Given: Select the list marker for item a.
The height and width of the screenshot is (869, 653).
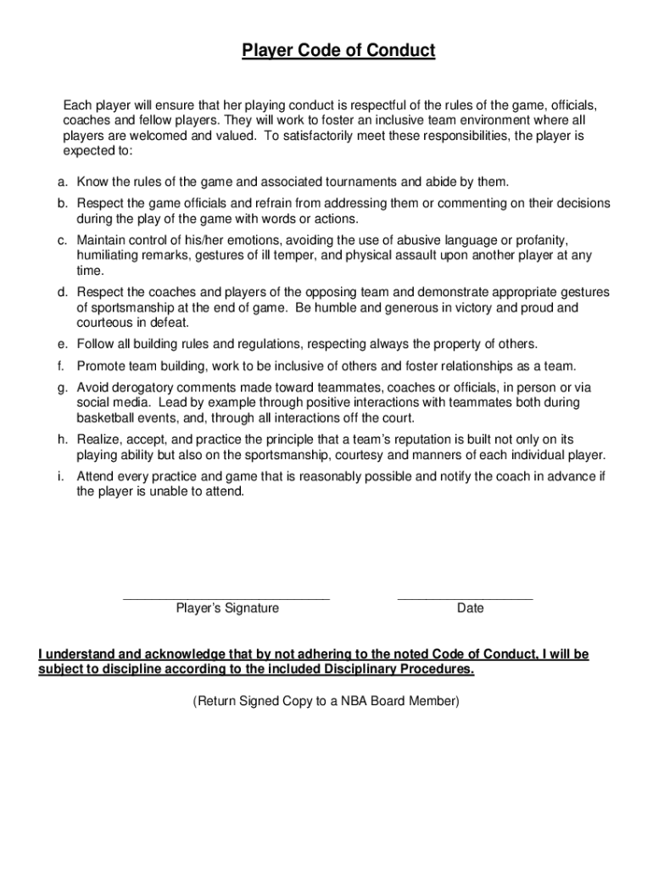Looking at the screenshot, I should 63,182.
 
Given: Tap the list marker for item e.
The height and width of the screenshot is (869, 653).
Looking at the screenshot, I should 63,344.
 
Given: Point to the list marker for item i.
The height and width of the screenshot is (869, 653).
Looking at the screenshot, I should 61,476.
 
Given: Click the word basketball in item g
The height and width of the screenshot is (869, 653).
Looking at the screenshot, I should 105,418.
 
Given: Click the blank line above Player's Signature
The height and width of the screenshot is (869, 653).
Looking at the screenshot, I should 226,599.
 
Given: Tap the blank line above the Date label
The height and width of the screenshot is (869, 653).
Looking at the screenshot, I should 465,599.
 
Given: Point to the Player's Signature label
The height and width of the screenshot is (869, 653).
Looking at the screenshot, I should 227,608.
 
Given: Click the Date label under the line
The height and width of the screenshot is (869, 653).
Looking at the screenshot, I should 470,608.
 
